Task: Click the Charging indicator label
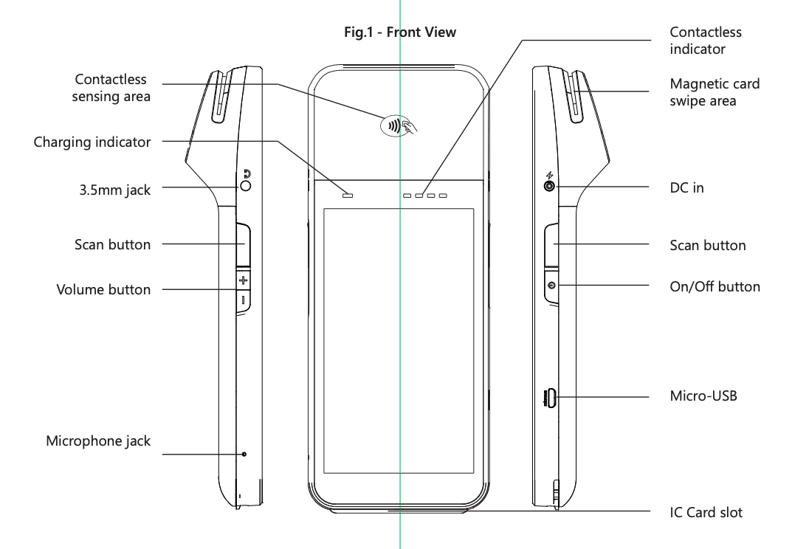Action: coord(92,142)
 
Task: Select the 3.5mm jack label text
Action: coord(114,190)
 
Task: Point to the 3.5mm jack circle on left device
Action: coord(245,186)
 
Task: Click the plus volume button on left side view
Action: coord(244,280)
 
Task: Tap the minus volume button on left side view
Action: coord(244,300)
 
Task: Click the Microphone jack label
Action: coord(98,441)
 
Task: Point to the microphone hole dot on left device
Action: coord(244,454)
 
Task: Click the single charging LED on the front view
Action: coord(347,196)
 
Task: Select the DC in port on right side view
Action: coord(549,187)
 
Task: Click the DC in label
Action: coord(686,188)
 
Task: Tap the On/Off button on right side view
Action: coord(551,286)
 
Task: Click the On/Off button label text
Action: coord(715,286)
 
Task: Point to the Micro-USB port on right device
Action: coord(549,398)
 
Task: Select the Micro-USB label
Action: coord(703,396)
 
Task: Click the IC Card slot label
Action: coord(706,512)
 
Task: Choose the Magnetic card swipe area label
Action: coord(714,92)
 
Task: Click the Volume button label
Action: coord(103,290)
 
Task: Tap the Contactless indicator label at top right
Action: coord(705,41)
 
